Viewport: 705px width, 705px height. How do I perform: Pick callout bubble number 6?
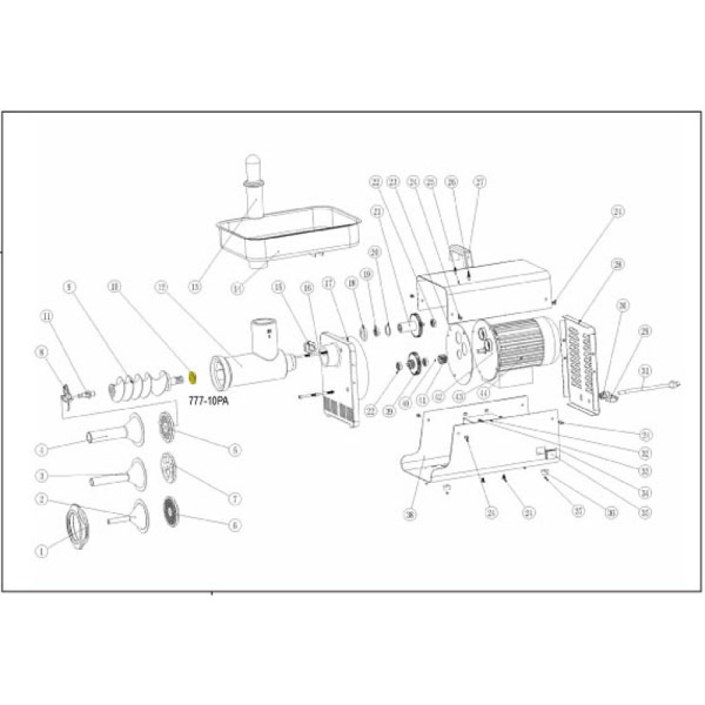click(x=235, y=525)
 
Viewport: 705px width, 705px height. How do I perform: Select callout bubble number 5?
click(x=235, y=449)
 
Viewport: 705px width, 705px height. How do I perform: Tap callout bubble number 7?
click(x=235, y=498)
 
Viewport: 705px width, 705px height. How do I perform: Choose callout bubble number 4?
click(x=42, y=448)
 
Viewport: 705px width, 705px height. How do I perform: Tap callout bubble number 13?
click(x=195, y=287)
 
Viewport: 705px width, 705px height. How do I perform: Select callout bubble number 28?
click(x=618, y=264)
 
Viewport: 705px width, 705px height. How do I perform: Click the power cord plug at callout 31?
click(x=673, y=385)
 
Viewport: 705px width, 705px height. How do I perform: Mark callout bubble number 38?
click(x=408, y=515)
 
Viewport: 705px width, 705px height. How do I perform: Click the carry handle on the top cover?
click(x=459, y=253)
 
